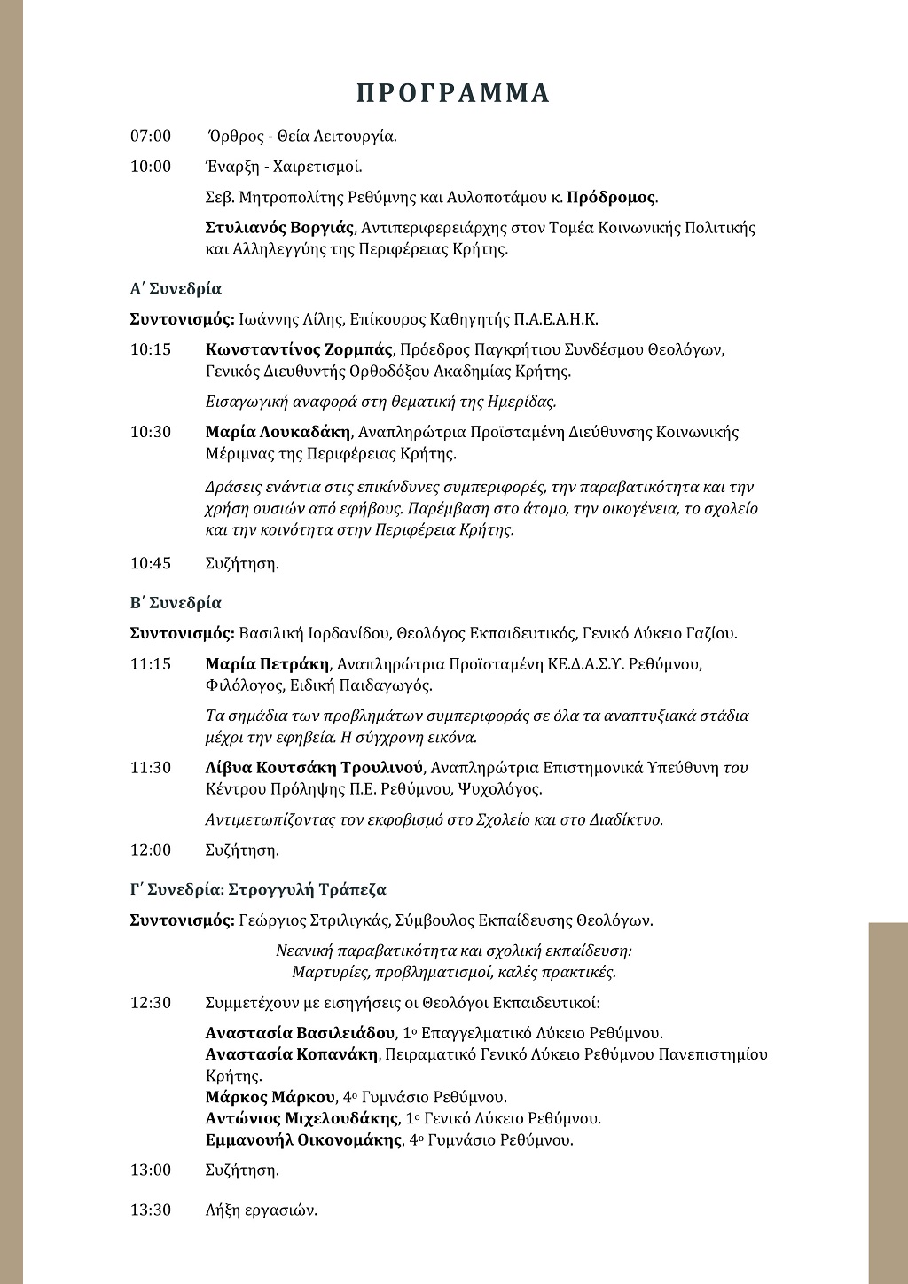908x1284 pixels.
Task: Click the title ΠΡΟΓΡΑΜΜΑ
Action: (453, 93)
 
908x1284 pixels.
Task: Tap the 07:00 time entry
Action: (151, 137)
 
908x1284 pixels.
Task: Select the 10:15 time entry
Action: (151, 349)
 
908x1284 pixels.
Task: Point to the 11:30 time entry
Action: (151, 768)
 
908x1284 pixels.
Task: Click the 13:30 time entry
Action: (151, 1210)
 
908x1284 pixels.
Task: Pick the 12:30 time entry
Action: (151, 1003)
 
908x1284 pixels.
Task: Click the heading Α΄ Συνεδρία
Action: (176, 289)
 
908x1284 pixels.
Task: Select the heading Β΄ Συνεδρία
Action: (176, 603)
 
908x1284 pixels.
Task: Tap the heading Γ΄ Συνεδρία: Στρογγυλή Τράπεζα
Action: (258, 889)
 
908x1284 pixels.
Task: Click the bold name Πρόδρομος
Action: (611, 197)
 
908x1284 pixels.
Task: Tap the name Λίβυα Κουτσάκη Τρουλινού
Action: (315, 768)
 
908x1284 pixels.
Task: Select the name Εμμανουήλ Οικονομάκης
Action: (303, 1139)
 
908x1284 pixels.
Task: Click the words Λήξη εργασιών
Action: (261, 1210)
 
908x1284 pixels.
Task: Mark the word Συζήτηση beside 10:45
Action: (242, 563)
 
